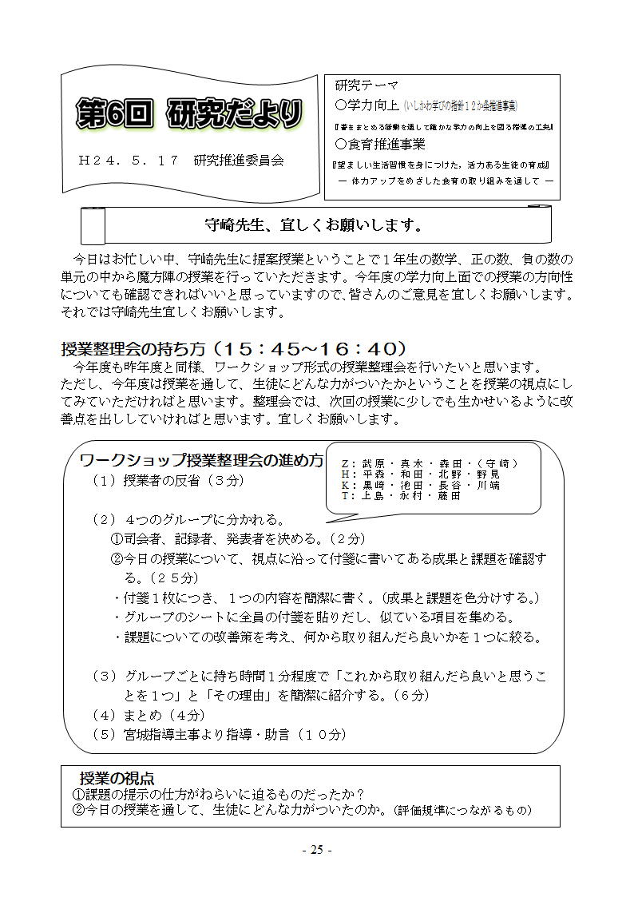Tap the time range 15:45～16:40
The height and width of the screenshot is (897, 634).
[312, 349]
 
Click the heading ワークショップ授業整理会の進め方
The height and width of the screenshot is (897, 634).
[202, 461]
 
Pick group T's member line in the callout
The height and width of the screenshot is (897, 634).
[401, 495]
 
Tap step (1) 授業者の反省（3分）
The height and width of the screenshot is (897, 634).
[168, 481]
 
